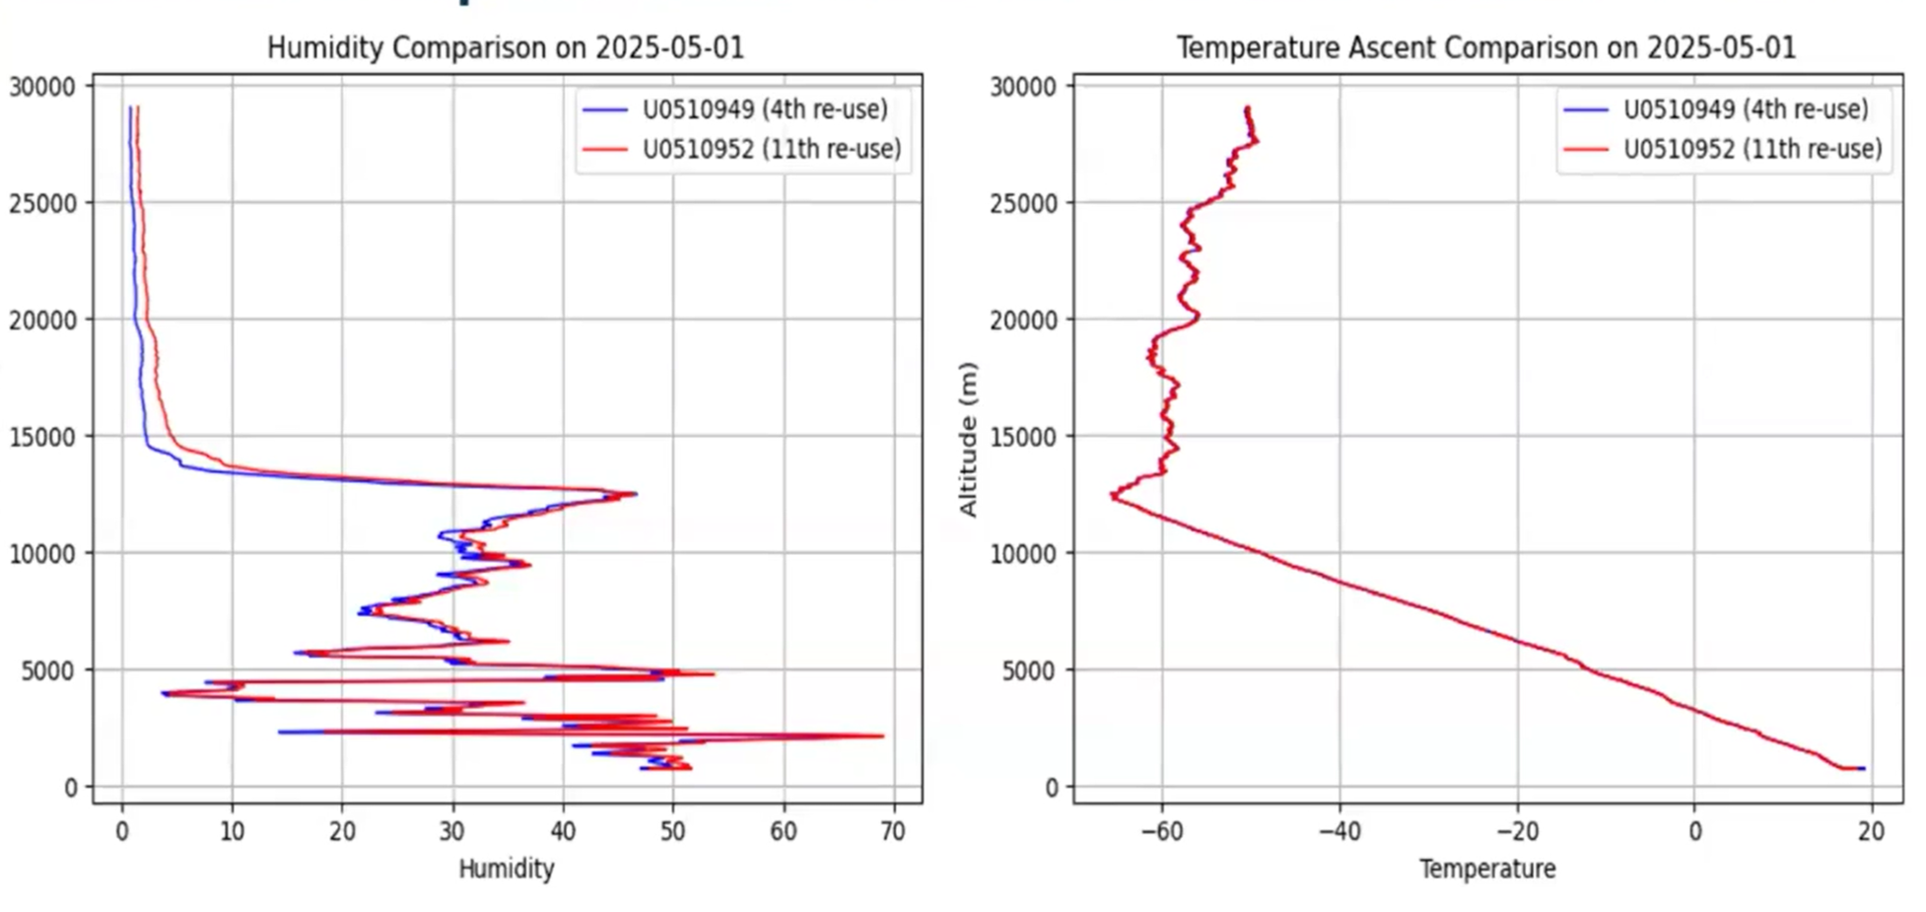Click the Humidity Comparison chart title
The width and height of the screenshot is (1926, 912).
(505, 47)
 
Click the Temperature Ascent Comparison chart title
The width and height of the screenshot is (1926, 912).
(1485, 47)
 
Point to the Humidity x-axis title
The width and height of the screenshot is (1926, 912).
(506, 869)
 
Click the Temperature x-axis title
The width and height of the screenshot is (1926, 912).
(1487, 869)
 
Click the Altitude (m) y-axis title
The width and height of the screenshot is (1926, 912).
(968, 439)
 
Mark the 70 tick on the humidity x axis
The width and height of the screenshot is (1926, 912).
(893, 832)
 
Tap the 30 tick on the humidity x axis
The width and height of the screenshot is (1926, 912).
(452, 832)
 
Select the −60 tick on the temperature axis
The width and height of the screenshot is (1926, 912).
(1162, 832)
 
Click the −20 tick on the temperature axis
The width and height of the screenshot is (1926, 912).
(1517, 832)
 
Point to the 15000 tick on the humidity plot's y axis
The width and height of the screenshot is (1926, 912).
(42, 437)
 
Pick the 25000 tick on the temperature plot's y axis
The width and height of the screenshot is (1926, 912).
(1023, 203)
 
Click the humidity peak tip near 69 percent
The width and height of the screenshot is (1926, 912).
(882, 736)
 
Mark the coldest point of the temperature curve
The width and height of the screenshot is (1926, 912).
(1113, 496)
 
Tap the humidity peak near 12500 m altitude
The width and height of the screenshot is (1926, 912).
(635, 493)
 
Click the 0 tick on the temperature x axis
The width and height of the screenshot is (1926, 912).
(1694, 832)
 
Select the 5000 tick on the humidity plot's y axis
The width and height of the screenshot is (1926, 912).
(48, 670)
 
